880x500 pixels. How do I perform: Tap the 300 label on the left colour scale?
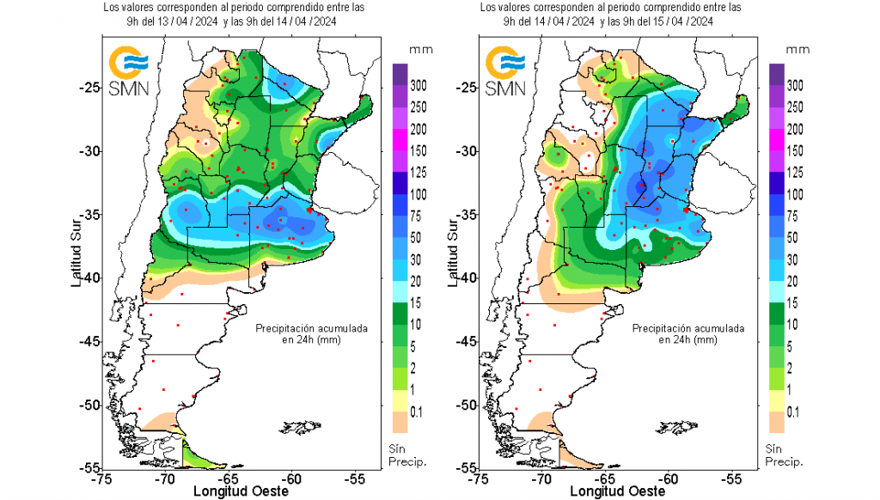(x=419, y=86)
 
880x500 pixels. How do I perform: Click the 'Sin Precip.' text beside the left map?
(x=406, y=455)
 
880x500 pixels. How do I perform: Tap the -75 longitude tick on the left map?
(x=102, y=478)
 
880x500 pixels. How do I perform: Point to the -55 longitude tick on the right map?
(x=731, y=478)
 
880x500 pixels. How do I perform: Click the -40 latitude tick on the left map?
(x=88, y=278)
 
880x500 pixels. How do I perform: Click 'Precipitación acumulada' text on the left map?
(x=313, y=328)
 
